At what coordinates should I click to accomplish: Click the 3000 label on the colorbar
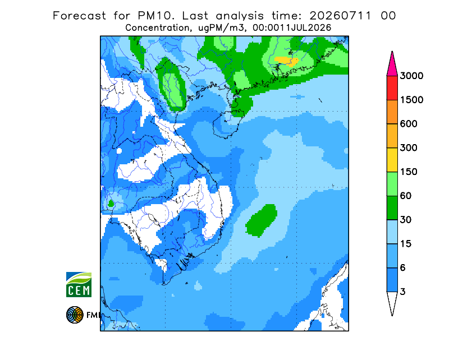click(x=411, y=76)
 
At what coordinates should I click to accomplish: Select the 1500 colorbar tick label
click(x=411, y=100)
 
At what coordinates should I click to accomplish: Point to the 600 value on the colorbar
click(x=409, y=124)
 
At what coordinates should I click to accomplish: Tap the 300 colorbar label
click(x=409, y=148)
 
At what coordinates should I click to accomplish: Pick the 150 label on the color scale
click(x=409, y=172)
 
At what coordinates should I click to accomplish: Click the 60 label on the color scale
click(x=406, y=196)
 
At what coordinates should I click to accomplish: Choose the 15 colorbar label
click(x=406, y=244)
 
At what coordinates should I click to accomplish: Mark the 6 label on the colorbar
click(x=403, y=268)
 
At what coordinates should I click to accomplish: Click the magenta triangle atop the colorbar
click(x=392, y=65)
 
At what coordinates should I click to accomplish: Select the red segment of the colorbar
click(x=392, y=88)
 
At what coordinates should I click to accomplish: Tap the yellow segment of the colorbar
click(x=392, y=160)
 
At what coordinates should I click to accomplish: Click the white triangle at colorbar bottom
click(x=392, y=302)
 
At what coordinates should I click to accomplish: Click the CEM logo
click(x=79, y=285)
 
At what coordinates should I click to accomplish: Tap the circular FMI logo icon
click(x=75, y=315)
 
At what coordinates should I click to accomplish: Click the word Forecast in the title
click(x=79, y=16)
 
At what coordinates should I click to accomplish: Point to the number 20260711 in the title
click(x=341, y=16)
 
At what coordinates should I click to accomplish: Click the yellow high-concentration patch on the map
click(x=287, y=61)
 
